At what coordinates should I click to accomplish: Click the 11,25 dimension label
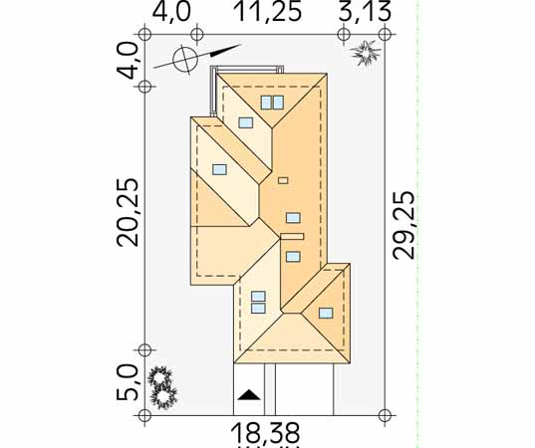(x=269, y=12)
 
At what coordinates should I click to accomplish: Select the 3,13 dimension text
(x=365, y=12)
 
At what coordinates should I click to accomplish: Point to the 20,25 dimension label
(x=129, y=212)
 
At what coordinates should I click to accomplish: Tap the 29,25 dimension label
(x=403, y=225)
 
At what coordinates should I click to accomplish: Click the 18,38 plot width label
(x=265, y=433)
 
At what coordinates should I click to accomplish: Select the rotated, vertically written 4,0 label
(x=128, y=61)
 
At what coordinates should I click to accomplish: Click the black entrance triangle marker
(x=249, y=394)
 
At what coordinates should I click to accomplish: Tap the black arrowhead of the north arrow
(x=225, y=50)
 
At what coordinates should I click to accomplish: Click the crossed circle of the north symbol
(x=185, y=60)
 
